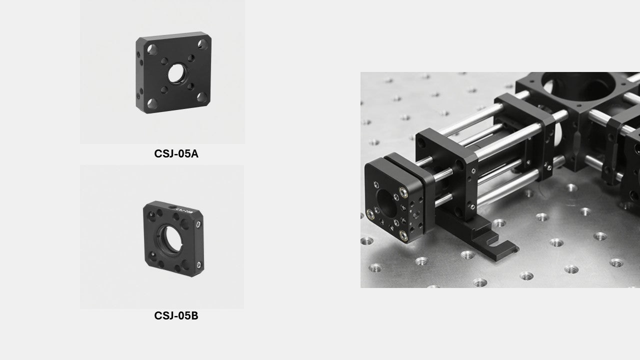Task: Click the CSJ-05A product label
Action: tap(176, 154)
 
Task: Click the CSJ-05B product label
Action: tap(176, 316)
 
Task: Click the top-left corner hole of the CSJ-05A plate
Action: tap(152, 49)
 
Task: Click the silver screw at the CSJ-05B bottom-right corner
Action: tap(199, 264)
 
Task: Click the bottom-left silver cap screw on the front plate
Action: tap(370, 213)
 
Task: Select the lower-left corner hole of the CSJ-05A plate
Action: tap(152, 102)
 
